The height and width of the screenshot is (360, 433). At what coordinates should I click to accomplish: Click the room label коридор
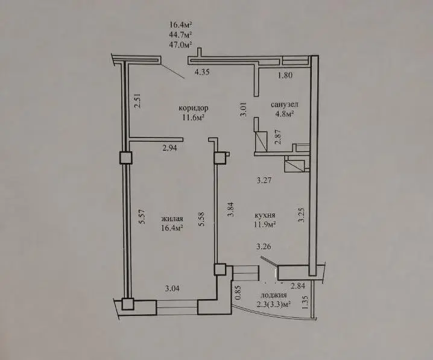click(194, 108)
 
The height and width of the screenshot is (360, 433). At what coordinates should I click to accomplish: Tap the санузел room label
click(285, 105)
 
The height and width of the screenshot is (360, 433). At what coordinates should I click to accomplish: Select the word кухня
click(265, 215)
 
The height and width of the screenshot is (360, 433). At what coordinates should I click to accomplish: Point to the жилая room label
click(172, 219)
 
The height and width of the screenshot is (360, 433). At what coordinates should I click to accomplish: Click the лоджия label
click(273, 295)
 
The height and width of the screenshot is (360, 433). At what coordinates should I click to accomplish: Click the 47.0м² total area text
click(180, 44)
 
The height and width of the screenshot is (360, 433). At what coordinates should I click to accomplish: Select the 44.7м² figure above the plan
click(180, 34)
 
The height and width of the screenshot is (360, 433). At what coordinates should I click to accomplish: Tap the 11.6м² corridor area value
click(193, 118)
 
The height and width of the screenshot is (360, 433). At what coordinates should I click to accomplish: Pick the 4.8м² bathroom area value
click(284, 114)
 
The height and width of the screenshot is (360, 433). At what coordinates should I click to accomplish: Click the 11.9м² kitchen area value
click(265, 225)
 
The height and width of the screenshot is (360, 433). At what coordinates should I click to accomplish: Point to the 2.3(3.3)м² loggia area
click(274, 305)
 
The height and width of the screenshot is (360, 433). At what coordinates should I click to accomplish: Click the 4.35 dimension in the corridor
click(203, 72)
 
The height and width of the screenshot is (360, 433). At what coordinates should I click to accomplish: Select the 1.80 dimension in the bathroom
click(285, 75)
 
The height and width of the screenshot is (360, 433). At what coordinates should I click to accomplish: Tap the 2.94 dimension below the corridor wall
click(170, 148)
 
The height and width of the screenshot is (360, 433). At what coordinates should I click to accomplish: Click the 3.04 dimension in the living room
click(172, 289)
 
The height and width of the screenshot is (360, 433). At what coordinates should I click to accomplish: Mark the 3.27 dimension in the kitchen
click(264, 180)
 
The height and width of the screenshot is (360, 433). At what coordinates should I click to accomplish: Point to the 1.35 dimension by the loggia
click(305, 303)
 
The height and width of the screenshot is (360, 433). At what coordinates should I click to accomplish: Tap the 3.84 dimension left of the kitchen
click(230, 209)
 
